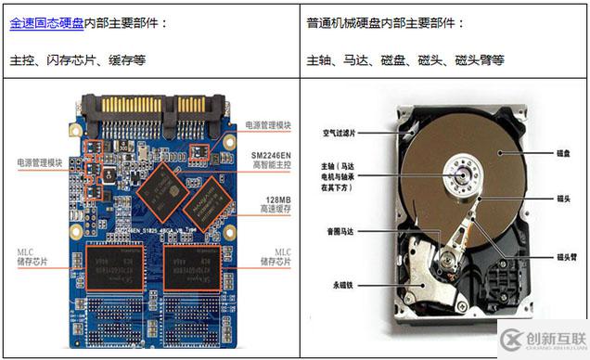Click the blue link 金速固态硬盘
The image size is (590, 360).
46,23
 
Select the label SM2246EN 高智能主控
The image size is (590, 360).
273,160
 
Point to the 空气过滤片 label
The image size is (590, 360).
342,134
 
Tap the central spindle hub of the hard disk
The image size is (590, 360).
461,174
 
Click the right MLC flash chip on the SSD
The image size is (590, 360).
194,265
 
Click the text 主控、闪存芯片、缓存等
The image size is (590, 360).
78,60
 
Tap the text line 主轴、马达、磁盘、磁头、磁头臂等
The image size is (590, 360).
405,60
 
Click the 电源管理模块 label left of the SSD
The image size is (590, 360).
39,163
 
